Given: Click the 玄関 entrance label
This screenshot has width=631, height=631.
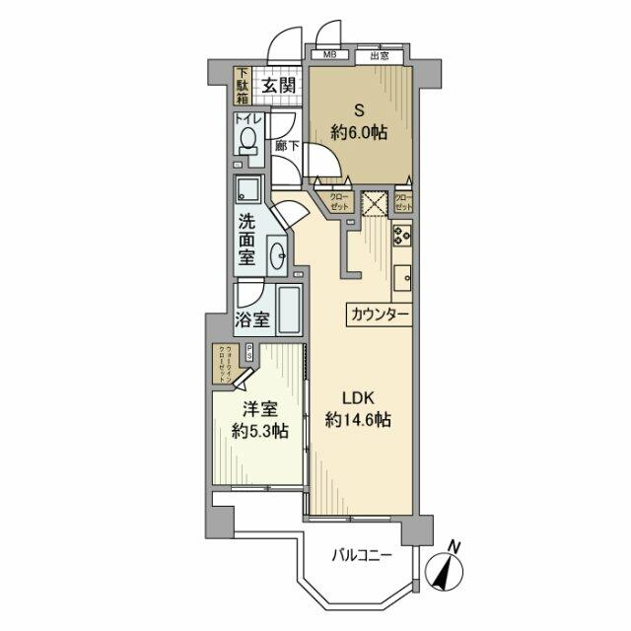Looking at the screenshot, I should click(x=278, y=86).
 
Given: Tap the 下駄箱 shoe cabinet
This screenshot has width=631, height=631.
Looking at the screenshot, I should click(x=243, y=86).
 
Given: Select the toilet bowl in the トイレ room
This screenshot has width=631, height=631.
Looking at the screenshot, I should click(x=247, y=139).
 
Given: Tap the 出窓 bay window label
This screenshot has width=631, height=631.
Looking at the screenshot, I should click(x=380, y=55).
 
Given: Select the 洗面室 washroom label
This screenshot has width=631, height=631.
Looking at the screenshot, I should click(x=246, y=242).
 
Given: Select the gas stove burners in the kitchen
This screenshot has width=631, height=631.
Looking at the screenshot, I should click(x=402, y=237).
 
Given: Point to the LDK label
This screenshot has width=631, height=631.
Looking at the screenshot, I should click(x=358, y=398).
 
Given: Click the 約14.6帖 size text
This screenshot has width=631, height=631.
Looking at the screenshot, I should click(x=359, y=420).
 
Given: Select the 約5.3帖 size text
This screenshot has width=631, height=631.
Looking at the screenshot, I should click(x=260, y=431).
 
